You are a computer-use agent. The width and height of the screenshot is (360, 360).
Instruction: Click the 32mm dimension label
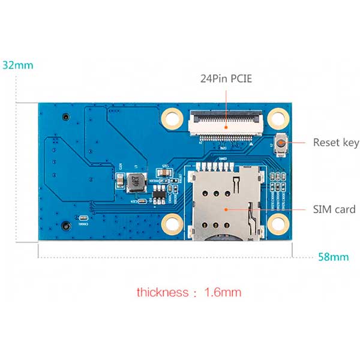pyautogui.click(x=17, y=65)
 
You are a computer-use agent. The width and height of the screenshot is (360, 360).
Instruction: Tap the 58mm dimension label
pyautogui.click(x=333, y=257)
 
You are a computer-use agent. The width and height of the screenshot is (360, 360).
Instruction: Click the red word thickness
pyautogui.click(x=162, y=293)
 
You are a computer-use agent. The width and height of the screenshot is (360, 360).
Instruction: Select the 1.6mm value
pyautogui.click(x=223, y=293)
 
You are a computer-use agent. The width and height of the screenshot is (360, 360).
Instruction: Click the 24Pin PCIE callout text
pyautogui.click(x=227, y=79)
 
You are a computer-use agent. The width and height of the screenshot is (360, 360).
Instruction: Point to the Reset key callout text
pyautogui.click(x=336, y=143)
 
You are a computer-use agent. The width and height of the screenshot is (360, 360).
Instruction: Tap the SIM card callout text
pyautogui.click(x=334, y=209)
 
